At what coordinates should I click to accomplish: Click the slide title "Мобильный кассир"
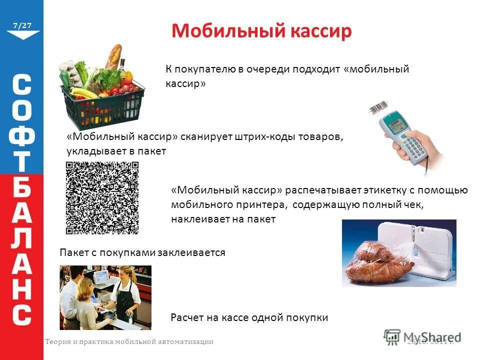tap(261, 31)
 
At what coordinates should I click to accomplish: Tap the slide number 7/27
tap(22, 25)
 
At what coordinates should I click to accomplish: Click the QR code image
tap(102, 197)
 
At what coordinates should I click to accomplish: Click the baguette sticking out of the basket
tap(113, 55)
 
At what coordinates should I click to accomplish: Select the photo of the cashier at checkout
tap(105, 297)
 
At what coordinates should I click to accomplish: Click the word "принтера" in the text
tap(266, 204)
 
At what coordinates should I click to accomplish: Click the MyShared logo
tap(422, 336)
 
